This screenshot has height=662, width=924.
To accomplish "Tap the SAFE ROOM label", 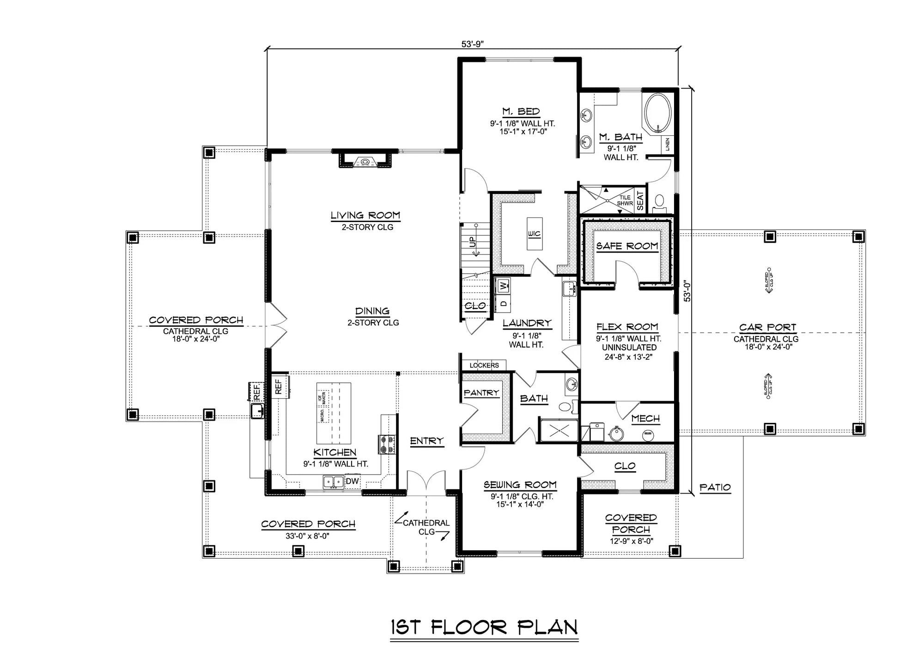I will [x=627, y=246].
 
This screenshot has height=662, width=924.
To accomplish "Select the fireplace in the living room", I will [x=365, y=162].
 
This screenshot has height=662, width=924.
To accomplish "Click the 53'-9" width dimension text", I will [x=472, y=44].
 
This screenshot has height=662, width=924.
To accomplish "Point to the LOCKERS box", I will [x=484, y=365].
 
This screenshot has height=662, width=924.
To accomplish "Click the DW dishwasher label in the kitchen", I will [x=352, y=481].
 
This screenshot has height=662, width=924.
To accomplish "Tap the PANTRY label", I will [x=481, y=392].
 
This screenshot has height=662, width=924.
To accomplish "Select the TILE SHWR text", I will [x=625, y=200].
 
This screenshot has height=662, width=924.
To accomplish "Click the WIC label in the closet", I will [x=534, y=234].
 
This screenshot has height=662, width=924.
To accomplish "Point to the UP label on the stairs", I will [x=473, y=242].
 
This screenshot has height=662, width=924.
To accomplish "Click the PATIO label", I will [x=715, y=487].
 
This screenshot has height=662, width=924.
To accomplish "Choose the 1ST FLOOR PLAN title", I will [x=484, y=627].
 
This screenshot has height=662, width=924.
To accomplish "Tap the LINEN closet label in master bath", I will [x=668, y=144].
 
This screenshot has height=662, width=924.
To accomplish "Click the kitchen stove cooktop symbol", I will [x=386, y=444].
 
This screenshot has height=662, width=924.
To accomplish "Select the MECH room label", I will [x=645, y=418].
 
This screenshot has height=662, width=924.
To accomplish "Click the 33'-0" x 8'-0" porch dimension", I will [x=307, y=536].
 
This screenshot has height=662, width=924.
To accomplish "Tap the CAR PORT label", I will [x=767, y=327].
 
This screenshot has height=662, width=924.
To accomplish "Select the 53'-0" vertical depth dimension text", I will [x=687, y=292].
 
